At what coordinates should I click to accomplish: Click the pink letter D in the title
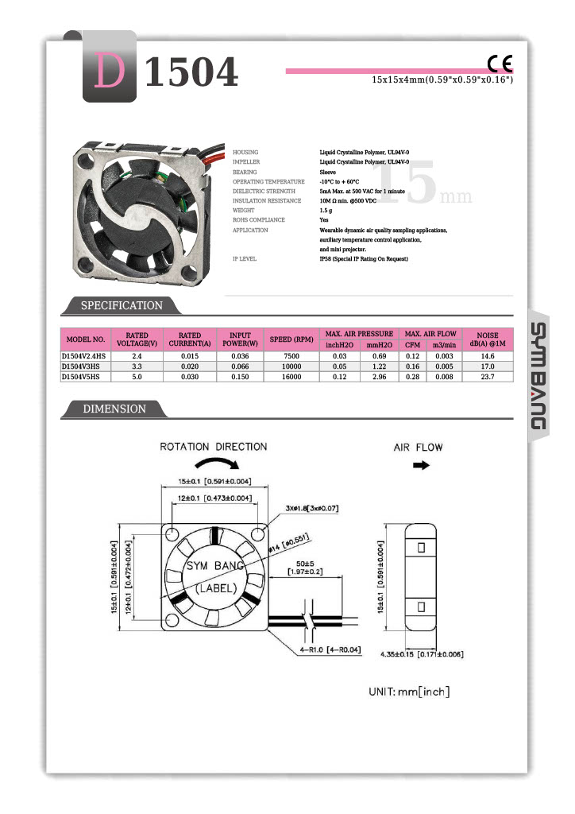coord(110,72)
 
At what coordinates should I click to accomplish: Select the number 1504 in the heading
coord(191,73)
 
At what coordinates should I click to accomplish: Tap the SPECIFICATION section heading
coord(122,306)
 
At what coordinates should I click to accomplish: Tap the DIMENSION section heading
coord(115,409)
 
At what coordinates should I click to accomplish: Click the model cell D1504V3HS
coord(81,366)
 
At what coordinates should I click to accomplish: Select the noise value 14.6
coord(487,357)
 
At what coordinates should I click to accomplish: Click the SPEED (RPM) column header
coord(291,339)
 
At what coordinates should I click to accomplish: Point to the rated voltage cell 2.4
coord(137,357)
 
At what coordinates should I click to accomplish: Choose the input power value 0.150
coord(240,377)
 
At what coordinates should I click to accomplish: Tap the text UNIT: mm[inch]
coord(409,692)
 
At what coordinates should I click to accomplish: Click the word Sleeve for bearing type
coord(328,172)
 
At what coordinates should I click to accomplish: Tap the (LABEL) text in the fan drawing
coord(214,589)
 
